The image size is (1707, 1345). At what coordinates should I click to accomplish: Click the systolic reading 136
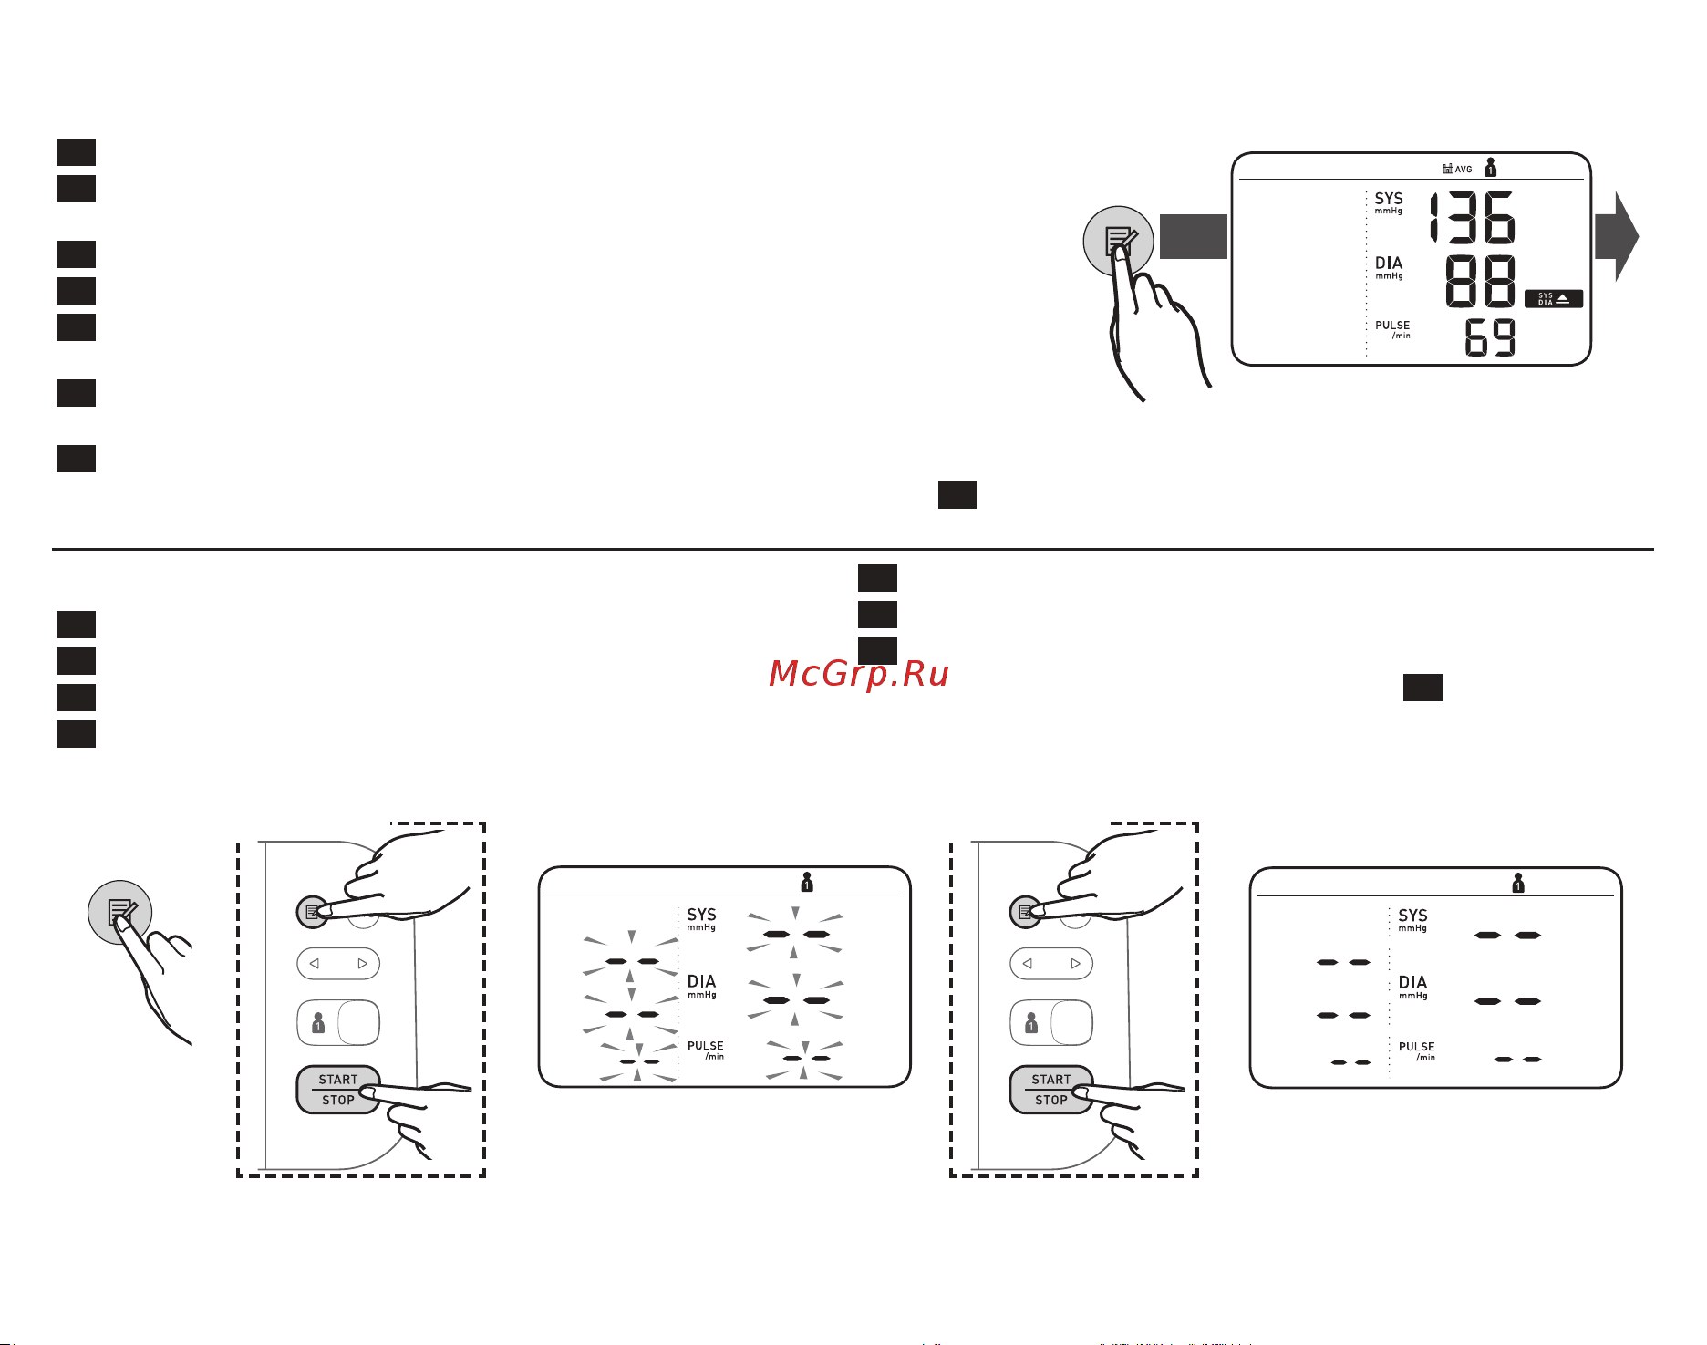point(1472,217)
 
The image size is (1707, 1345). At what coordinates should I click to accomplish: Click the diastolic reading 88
point(1481,282)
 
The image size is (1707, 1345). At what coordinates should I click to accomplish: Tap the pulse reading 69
point(1490,337)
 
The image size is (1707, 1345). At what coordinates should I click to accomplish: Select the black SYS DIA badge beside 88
point(1554,298)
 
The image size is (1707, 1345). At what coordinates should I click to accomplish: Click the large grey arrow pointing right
point(1617,236)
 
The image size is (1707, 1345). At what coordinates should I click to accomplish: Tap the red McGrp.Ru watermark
point(859,673)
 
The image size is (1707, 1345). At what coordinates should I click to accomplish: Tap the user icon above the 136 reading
point(1490,167)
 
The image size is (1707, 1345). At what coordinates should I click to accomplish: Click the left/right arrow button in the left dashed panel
point(338,964)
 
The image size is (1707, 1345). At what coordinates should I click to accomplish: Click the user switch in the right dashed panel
point(1051,1022)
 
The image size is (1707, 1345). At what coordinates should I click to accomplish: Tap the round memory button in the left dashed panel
point(313,911)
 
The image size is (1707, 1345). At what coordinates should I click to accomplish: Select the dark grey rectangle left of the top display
point(1194,236)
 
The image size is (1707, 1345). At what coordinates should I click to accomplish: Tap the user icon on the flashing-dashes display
point(807,882)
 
